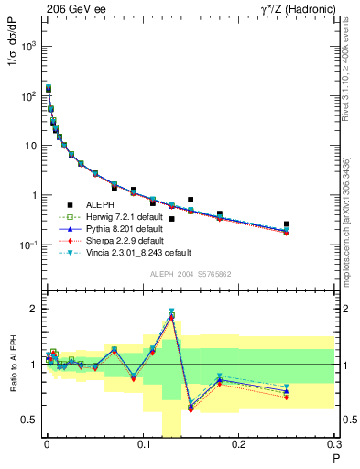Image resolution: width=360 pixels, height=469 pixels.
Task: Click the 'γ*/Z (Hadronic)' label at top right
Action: click(294, 8)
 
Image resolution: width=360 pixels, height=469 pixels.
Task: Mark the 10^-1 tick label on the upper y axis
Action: click(28, 245)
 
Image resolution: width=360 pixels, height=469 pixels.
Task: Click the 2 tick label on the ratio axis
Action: click(33, 309)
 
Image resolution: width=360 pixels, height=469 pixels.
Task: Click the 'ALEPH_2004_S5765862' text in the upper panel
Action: click(189, 274)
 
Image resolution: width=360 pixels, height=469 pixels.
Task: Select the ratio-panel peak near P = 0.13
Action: click(171, 314)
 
